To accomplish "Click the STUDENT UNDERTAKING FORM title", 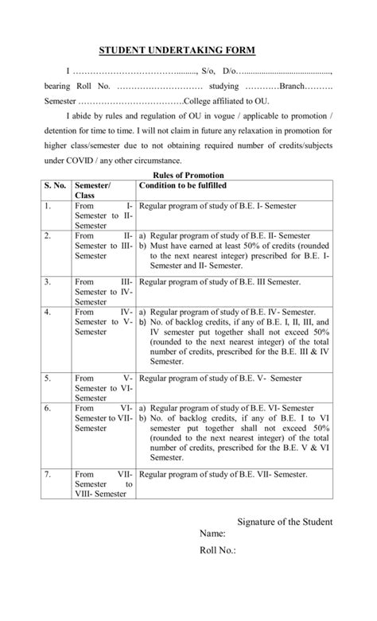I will pyautogui.click(x=177, y=50).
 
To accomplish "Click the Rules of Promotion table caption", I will pyautogui.click(x=188, y=174).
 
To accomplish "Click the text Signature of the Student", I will pyautogui.click(x=286, y=522).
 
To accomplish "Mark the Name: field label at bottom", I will pyautogui.click(x=212, y=534).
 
